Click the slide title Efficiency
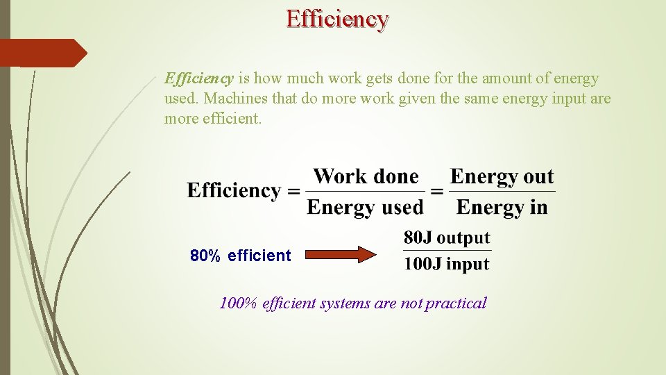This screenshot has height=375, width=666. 337,18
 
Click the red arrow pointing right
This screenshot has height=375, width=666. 340,255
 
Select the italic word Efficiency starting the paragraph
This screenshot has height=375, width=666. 198,78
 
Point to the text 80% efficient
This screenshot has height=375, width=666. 241,256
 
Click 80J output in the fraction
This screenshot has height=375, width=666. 447,238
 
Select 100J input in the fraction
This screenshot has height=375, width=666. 447,264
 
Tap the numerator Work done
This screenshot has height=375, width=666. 366,176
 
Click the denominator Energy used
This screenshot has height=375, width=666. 365,207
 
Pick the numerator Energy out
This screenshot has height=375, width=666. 502,176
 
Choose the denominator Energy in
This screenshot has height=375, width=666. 502,207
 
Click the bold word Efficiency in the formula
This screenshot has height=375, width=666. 233,190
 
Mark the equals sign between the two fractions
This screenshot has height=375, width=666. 436,191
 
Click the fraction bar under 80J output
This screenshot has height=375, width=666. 447,251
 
